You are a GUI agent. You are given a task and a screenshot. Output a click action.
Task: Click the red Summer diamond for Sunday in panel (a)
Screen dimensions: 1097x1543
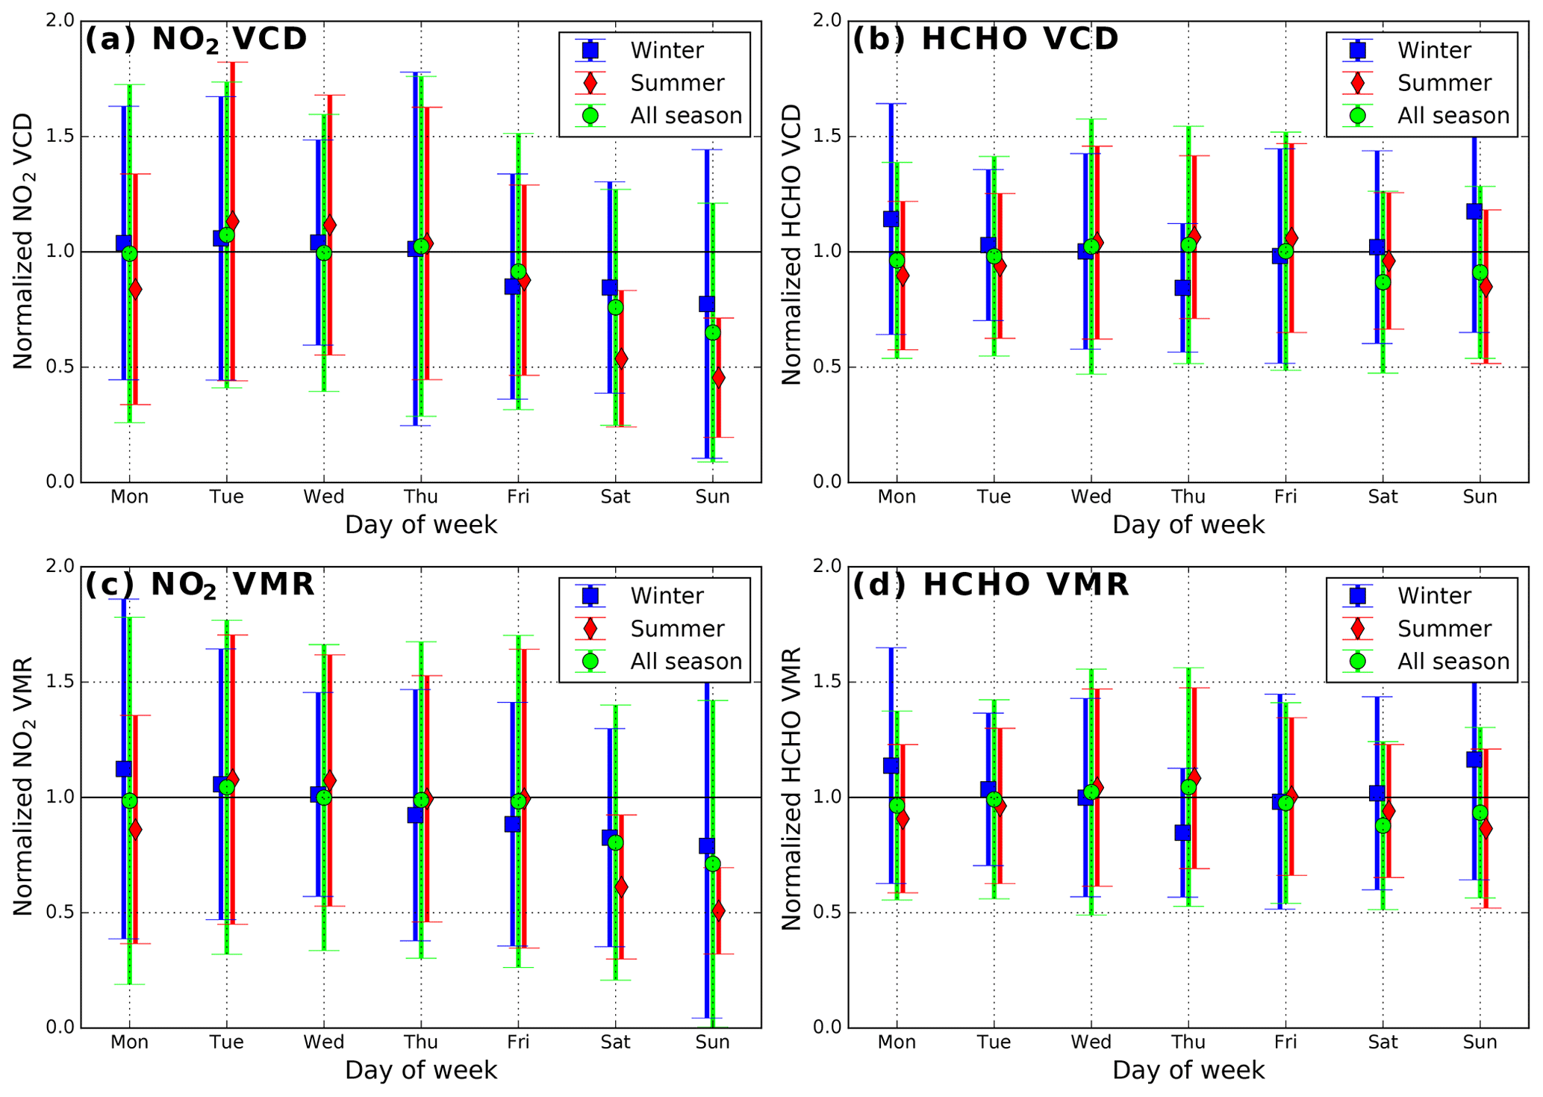(718, 378)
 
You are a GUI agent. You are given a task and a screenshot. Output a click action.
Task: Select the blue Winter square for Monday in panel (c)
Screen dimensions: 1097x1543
(124, 768)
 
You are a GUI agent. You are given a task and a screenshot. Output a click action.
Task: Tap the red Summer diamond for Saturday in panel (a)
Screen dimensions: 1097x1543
(621, 359)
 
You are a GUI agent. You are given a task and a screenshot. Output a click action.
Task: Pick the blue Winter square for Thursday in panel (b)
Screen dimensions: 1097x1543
(1182, 288)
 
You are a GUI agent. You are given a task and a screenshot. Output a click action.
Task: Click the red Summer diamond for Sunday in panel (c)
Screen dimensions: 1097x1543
(718, 911)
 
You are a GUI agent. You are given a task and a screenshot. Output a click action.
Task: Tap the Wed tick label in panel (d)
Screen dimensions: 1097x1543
(1091, 1042)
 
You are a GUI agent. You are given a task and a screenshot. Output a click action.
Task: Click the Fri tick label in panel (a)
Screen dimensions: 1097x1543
(518, 497)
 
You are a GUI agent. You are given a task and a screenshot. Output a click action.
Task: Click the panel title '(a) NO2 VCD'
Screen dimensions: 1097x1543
(196, 39)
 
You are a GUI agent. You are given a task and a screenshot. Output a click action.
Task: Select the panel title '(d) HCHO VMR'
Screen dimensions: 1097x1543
(990, 584)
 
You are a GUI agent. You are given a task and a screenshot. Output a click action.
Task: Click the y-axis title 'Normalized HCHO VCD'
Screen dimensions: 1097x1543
(791, 244)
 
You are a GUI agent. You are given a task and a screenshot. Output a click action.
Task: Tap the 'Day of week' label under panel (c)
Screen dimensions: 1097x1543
(421, 1070)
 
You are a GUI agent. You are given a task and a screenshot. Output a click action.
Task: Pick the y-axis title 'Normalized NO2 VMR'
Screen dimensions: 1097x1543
(23, 786)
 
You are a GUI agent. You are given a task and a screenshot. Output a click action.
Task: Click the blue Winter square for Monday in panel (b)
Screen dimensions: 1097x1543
(891, 219)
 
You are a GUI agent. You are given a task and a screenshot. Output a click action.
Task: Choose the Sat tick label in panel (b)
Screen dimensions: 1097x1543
(1383, 497)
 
